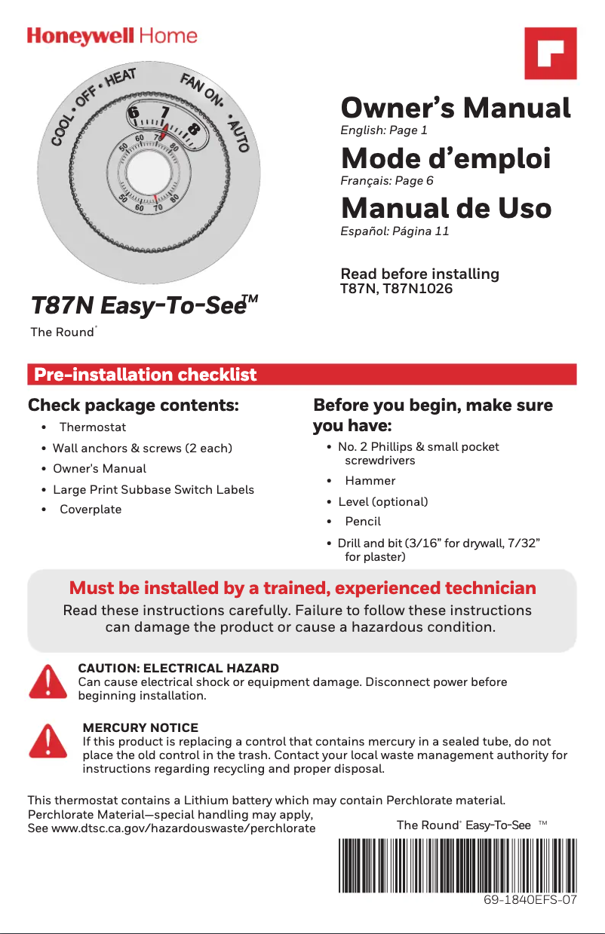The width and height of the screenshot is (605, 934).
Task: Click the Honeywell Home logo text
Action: point(112,36)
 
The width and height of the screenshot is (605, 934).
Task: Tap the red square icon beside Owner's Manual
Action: point(551,54)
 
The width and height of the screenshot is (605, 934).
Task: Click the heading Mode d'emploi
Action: point(446,159)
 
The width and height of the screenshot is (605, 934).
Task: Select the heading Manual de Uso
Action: point(446,208)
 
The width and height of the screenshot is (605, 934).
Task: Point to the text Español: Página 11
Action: point(395,231)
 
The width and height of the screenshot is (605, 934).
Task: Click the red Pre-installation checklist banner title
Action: point(146,375)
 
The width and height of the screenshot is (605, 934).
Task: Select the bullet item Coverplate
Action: point(91,509)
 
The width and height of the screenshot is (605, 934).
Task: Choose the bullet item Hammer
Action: point(370,480)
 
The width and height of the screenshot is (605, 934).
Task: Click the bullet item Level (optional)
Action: point(382,501)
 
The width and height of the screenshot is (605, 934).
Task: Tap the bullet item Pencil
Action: point(363,521)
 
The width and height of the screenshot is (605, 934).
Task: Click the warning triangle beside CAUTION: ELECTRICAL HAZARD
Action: point(48,681)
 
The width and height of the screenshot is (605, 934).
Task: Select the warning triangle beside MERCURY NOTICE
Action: point(48,742)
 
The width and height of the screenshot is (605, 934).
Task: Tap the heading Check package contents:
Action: point(134,406)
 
